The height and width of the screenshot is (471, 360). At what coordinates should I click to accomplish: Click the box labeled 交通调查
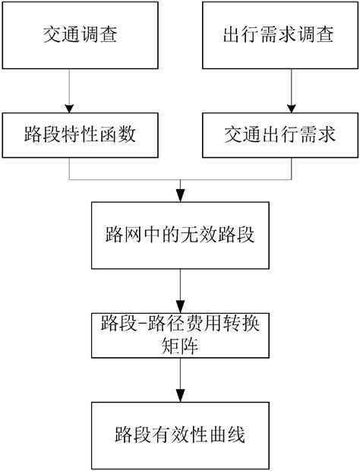point(69,36)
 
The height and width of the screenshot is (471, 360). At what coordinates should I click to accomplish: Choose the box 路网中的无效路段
point(180,235)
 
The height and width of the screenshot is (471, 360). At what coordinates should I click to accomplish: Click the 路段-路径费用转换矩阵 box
point(180,334)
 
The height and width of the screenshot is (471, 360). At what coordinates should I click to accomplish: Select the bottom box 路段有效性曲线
point(180,436)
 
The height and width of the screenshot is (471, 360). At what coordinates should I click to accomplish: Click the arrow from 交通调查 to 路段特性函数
point(69,91)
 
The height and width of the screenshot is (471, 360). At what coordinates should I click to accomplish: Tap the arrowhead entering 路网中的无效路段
point(180,194)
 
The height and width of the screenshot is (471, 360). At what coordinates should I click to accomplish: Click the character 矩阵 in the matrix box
point(180,345)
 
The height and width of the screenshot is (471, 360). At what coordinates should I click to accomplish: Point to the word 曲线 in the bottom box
point(229,436)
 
